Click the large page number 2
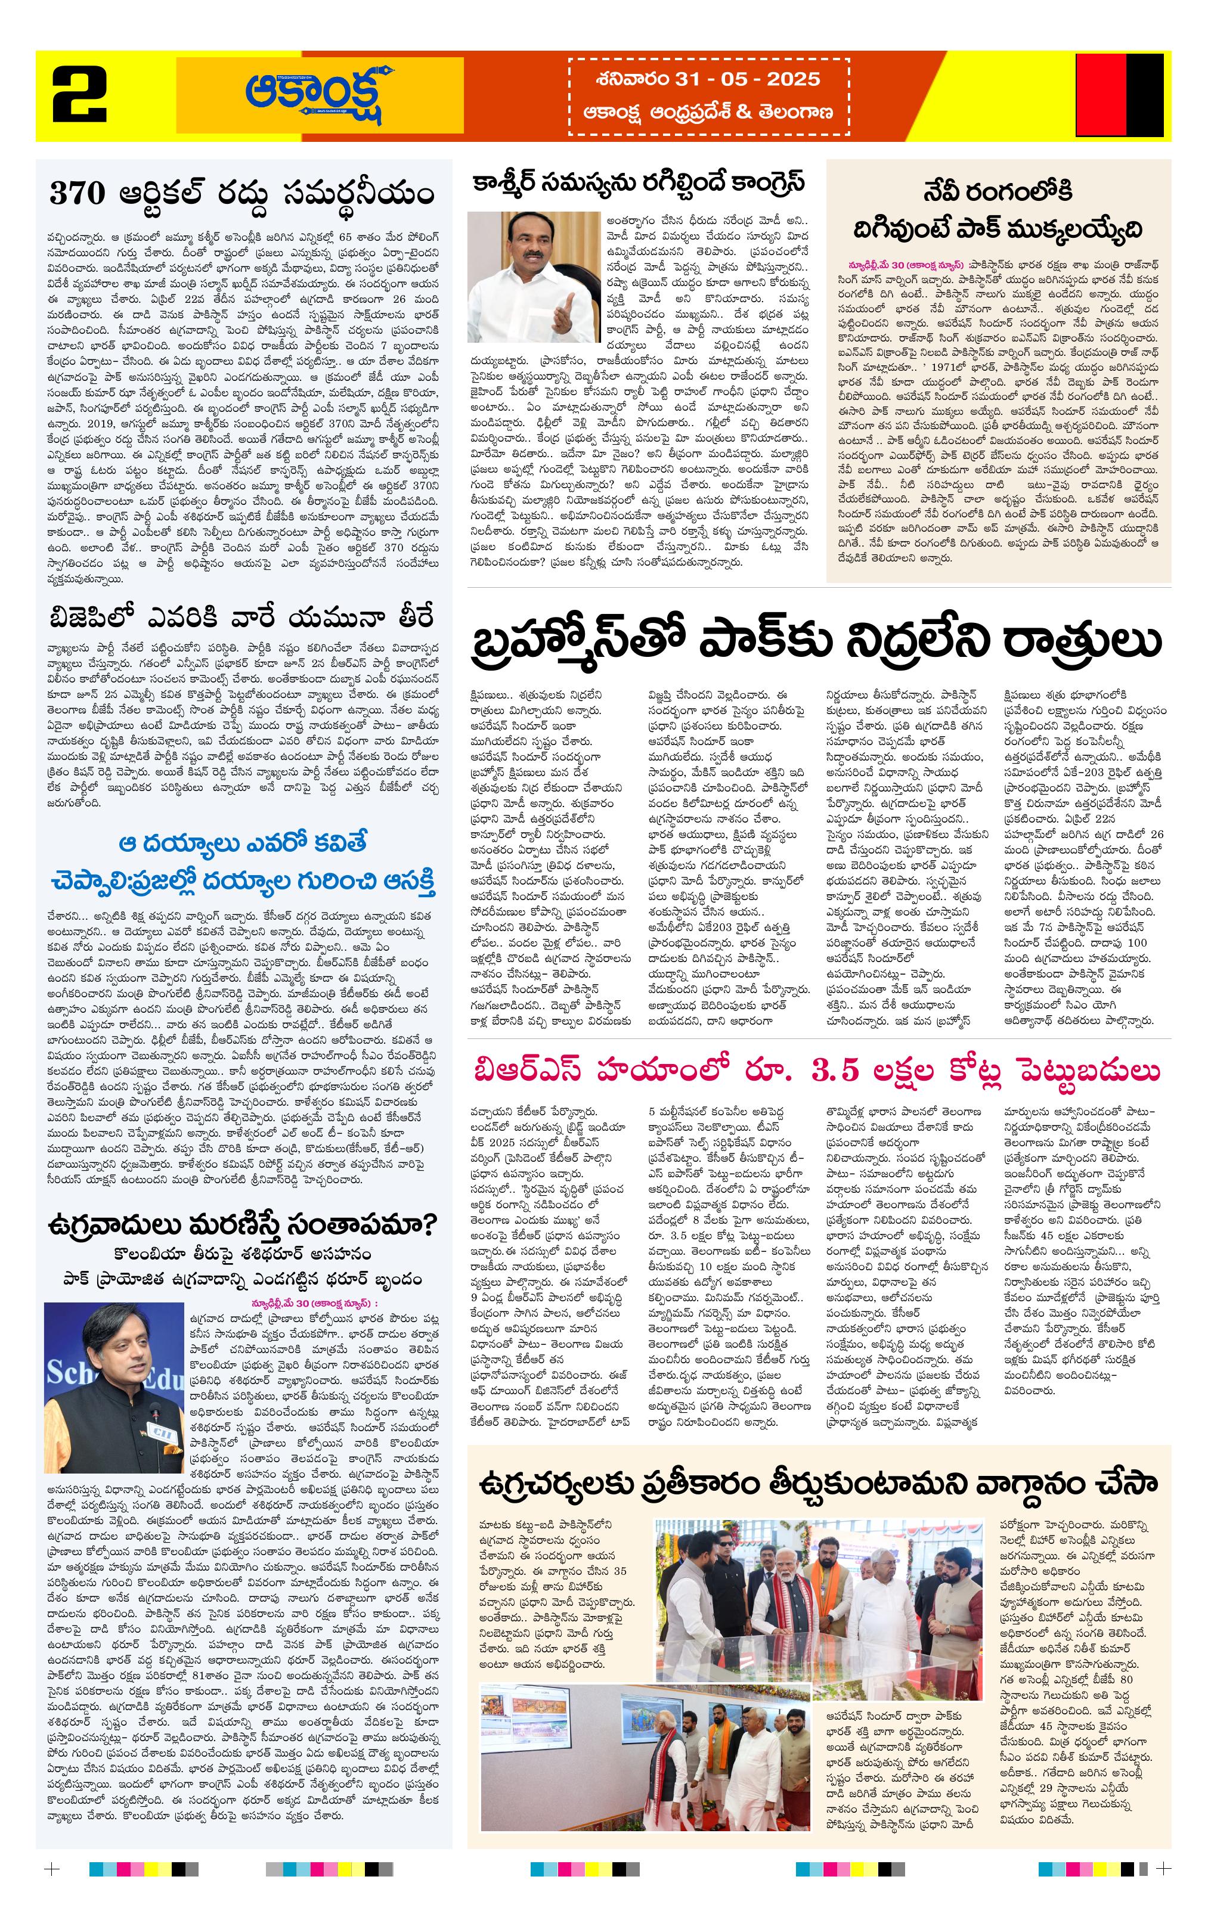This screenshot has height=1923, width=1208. [80, 95]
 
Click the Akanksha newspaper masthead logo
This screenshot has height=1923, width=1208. [320, 94]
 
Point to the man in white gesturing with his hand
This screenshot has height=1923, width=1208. [534, 271]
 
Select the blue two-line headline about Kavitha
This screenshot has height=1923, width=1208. [244, 863]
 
